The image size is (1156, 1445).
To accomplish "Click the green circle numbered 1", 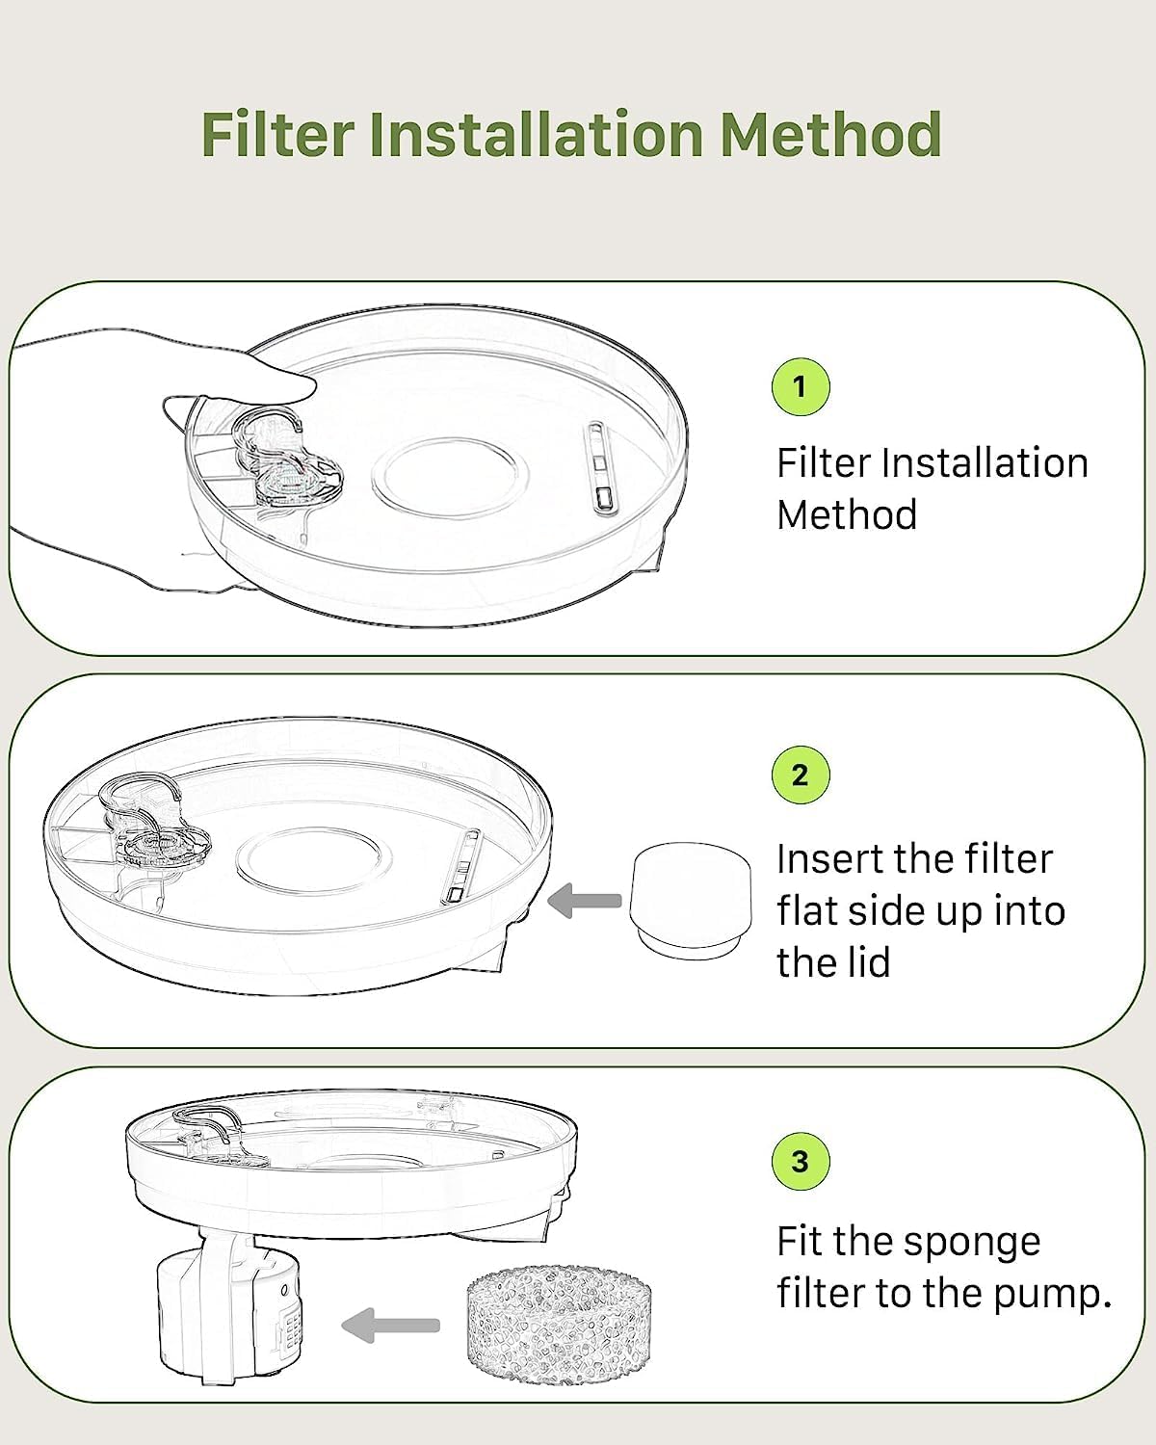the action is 800,386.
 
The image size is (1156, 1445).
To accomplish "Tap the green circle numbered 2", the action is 800,775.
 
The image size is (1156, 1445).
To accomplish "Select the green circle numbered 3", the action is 800,1161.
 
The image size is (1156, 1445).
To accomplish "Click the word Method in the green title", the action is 830,134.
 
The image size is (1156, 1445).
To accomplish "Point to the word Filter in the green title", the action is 277,134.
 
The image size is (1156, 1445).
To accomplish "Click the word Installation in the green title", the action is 537,134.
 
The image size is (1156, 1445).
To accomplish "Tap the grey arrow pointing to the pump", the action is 391,1325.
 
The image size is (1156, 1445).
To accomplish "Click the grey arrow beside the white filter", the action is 585,900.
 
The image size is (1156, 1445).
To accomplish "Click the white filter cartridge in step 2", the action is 691,900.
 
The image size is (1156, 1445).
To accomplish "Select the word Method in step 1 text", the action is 847,514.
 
